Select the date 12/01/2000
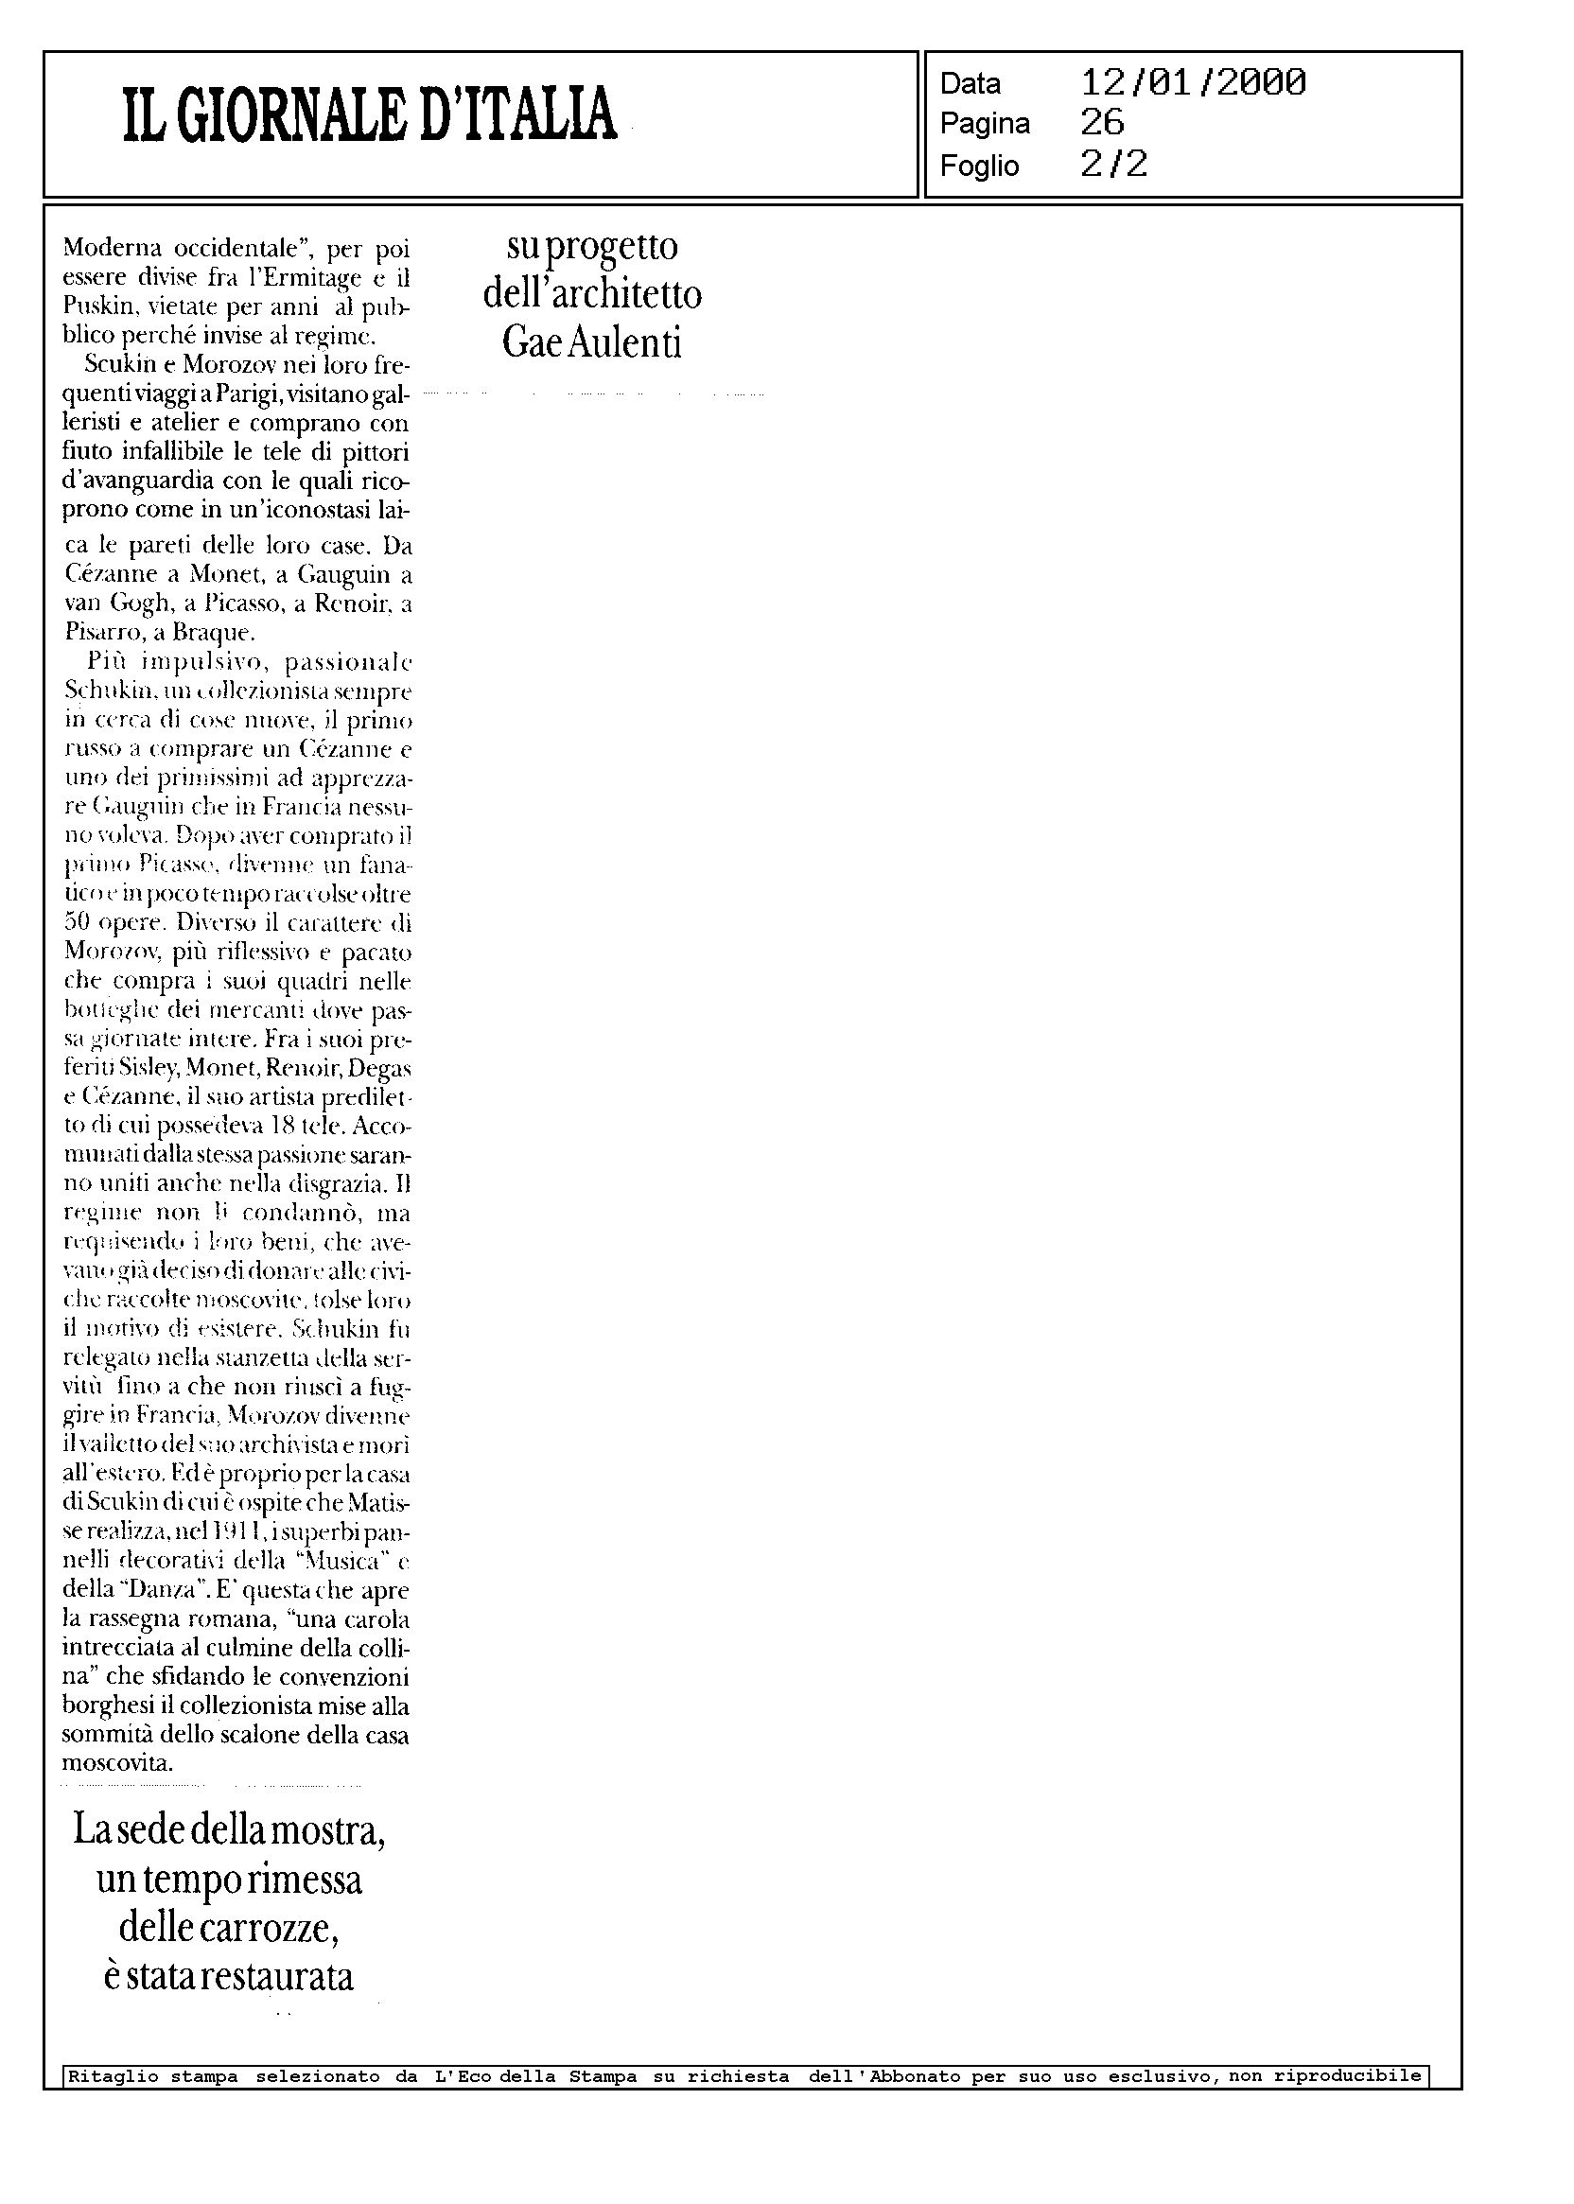1193,82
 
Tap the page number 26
1102,123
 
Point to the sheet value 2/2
1113,165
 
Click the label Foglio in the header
979,166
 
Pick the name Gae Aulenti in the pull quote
592,342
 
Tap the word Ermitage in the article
299,279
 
